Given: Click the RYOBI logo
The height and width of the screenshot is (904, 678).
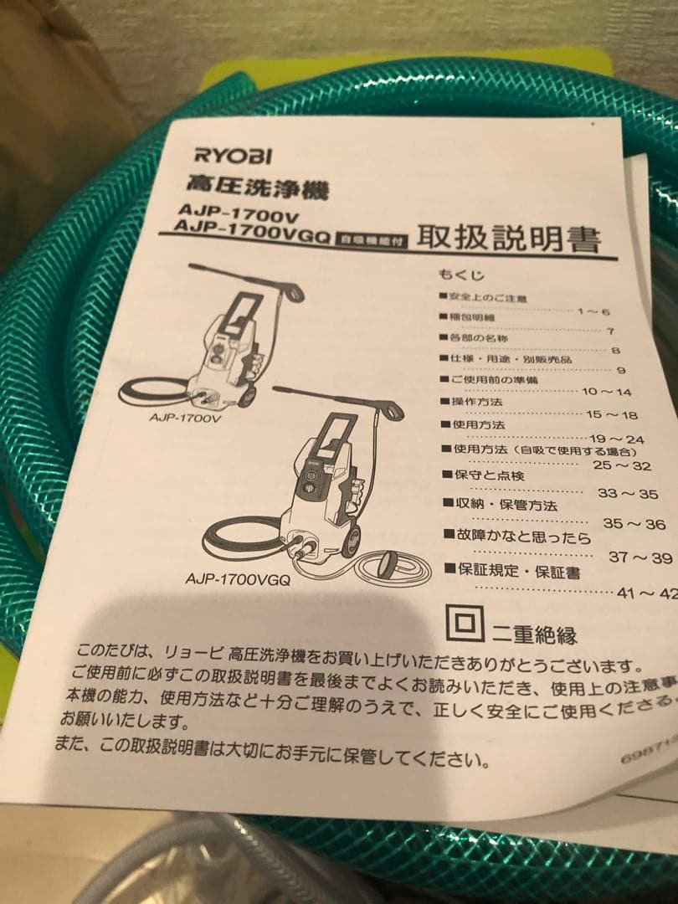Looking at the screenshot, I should [232, 156].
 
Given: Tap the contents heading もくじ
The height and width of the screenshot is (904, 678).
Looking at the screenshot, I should [460, 275].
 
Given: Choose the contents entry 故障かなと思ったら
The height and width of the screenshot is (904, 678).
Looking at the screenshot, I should [523, 537].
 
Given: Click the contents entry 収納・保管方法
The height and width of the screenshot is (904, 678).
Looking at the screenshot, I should [498, 505].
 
